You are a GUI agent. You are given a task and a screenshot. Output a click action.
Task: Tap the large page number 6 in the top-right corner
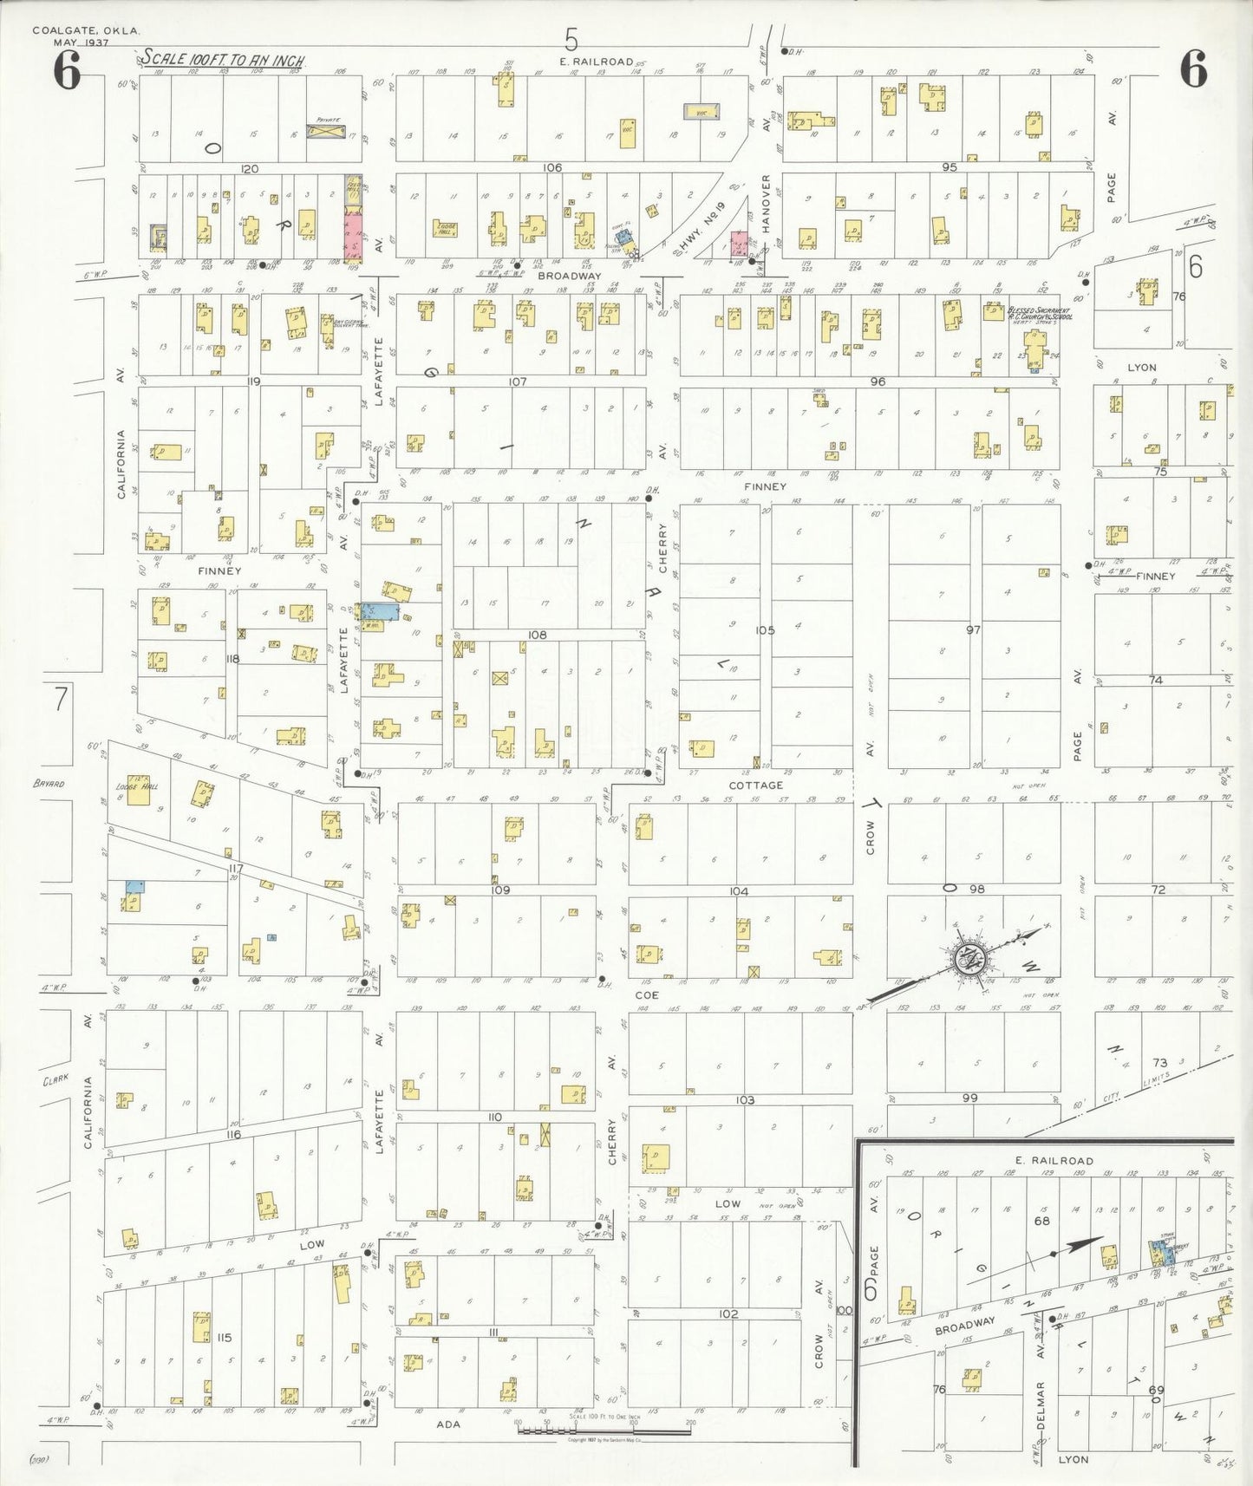click(x=1193, y=70)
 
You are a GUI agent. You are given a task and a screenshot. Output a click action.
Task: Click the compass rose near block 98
click(x=965, y=956)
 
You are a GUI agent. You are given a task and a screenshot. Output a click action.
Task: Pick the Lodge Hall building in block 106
click(x=446, y=229)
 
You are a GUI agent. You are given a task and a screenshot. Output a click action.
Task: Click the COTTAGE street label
click(x=755, y=785)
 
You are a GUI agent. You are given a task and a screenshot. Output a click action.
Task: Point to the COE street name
click(x=647, y=995)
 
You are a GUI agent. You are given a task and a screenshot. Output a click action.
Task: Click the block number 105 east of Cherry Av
click(x=764, y=630)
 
